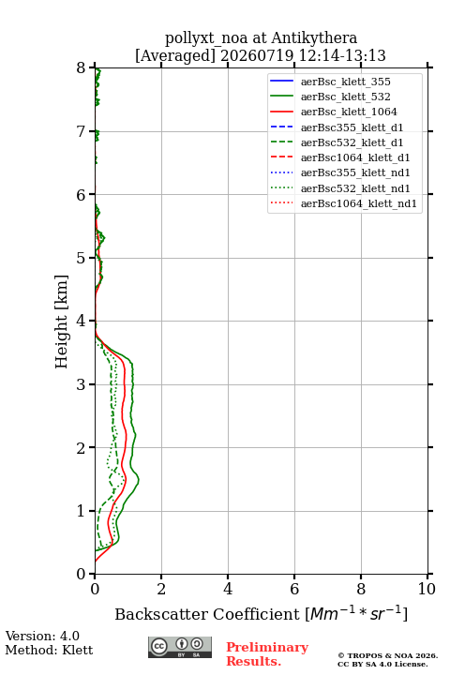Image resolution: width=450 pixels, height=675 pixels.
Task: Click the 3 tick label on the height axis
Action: pyautogui.click(x=82, y=384)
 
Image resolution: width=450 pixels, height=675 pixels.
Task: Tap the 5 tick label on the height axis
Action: pyautogui.click(x=82, y=258)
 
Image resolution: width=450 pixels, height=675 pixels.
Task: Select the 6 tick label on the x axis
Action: pyautogui.click(x=294, y=589)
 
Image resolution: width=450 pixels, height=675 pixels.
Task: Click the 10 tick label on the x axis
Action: pyautogui.click(x=427, y=589)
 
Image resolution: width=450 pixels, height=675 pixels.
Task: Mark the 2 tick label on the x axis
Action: pyautogui.click(x=161, y=589)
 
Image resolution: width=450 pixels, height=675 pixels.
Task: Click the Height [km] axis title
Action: pyautogui.click(x=61, y=322)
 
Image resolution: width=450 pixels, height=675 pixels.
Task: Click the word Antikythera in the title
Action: pyautogui.click(x=314, y=37)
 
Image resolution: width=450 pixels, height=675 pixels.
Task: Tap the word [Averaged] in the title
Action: pyautogui.click(x=175, y=56)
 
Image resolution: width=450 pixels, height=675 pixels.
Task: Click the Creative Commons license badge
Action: pyautogui.click(x=180, y=648)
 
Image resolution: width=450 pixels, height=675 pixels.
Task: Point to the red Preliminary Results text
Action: pyautogui.click(x=267, y=654)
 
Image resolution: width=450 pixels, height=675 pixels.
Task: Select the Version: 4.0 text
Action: pyautogui.click(x=42, y=636)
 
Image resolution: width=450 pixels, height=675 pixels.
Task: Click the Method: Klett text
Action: pyautogui.click(x=49, y=650)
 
